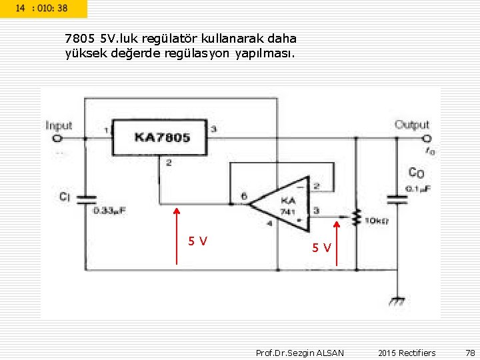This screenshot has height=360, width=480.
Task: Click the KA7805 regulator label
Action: (162, 137)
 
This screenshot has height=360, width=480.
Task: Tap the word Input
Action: (59, 125)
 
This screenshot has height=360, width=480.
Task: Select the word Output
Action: (412, 125)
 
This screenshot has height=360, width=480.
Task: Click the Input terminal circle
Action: (57, 139)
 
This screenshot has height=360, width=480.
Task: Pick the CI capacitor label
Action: (65, 197)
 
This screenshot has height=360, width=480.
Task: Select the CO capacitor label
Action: (416, 173)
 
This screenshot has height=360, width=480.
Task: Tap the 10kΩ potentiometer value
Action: (377, 221)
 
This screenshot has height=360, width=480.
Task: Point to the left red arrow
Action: (177, 236)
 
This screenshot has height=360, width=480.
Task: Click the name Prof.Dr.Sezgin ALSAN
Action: (300, 353)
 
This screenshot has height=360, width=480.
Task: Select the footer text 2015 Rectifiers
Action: (406, 353)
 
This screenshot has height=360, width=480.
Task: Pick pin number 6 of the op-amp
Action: (244, 196)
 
